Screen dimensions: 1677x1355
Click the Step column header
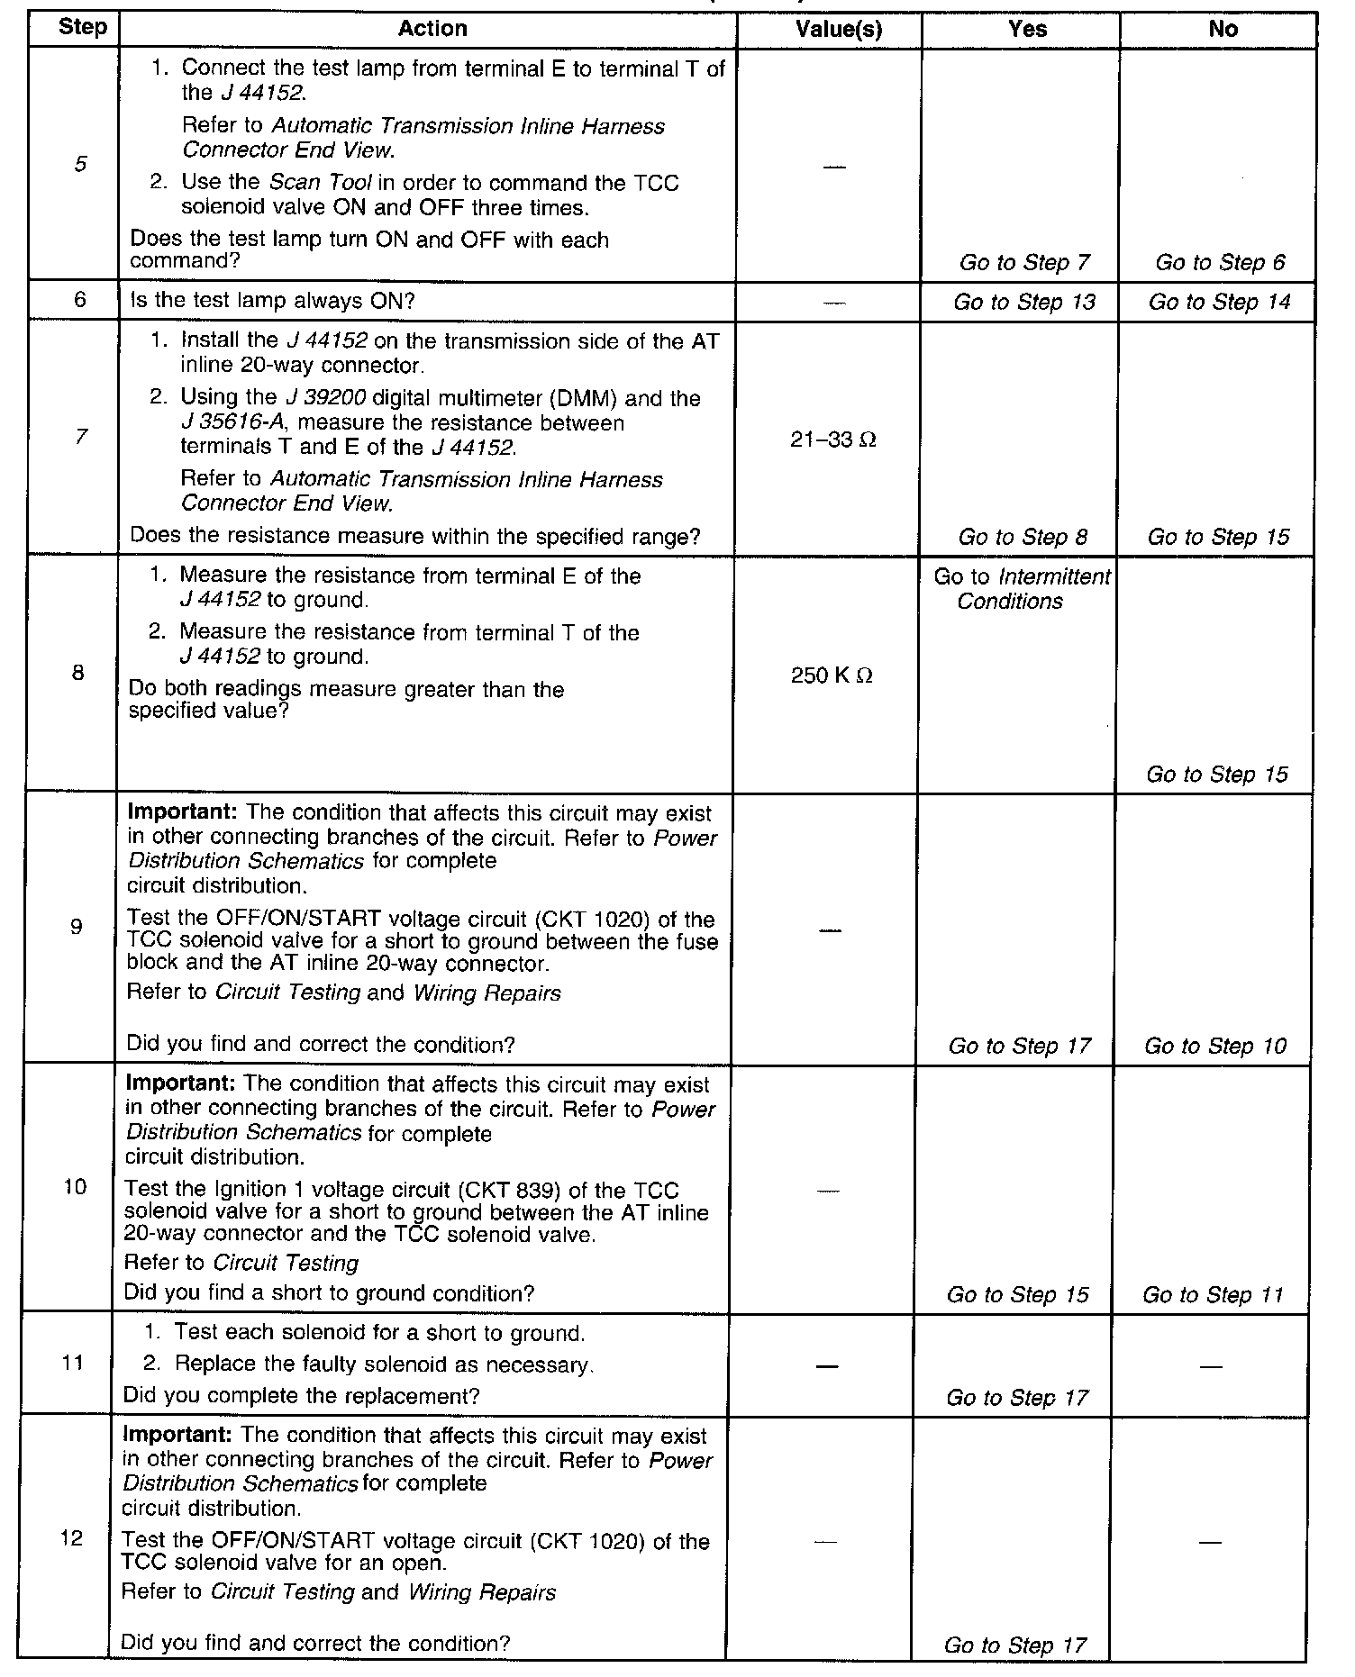click(81, 28)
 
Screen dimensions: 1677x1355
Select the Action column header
click(432, 29)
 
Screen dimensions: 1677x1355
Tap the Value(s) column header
click(838, 29)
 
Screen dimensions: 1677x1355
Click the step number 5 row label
click(81, 164)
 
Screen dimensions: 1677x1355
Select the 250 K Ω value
click(832, 675)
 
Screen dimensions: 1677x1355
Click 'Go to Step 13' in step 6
click(1024, 302)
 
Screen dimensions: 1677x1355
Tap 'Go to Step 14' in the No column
click(1219, 302)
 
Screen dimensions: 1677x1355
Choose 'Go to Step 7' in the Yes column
click(1024, 263)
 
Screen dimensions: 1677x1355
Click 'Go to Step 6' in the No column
click(1220, 263)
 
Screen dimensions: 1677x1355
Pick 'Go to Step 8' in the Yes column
click(1023, 538)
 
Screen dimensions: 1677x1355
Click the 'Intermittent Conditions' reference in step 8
click(1022, 589)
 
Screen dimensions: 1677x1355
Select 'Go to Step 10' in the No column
click(1215, 1046)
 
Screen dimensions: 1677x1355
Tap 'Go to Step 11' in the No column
click(1213, 1295)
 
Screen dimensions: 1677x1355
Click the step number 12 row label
click(72, 1538)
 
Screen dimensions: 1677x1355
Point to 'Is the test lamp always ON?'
click(273, 301)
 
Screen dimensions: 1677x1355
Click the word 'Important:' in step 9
click(181, 813)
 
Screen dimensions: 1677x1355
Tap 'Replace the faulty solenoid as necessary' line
click(383, 1365)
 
